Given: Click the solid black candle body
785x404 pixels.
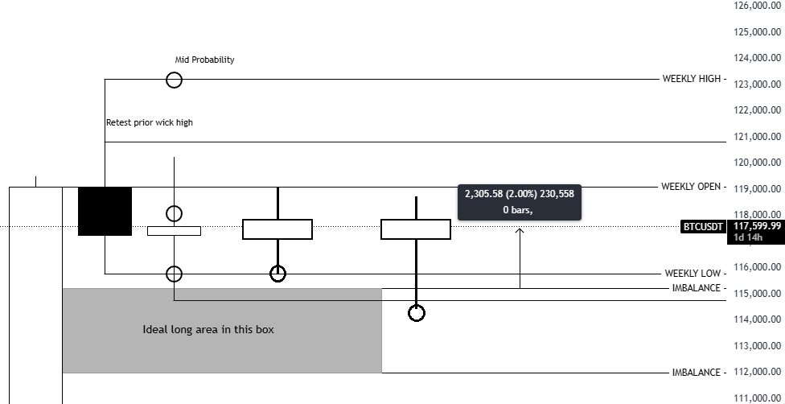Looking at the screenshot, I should click(x=105, y=211).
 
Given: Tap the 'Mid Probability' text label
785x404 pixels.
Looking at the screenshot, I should click(x=204, y=60).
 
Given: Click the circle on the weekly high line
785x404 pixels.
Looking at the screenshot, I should click(x=174, y=80).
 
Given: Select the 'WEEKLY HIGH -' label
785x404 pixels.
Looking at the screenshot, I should click(x=694, y=79).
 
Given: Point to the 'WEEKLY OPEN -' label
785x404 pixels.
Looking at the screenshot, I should click(x=693, y=187).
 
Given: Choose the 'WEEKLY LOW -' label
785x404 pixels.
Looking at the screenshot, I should click(x=695, y=274).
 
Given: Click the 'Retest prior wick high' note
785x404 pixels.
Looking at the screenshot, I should click(x=150, y=123).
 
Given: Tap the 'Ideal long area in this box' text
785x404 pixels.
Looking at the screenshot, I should click(x=208, y=329).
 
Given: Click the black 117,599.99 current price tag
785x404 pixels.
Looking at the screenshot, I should click(x=756, y=227).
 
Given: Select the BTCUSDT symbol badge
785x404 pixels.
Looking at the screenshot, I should click(x=703, y=227).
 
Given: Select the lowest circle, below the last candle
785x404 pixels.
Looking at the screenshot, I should click(x=416, y=313).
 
